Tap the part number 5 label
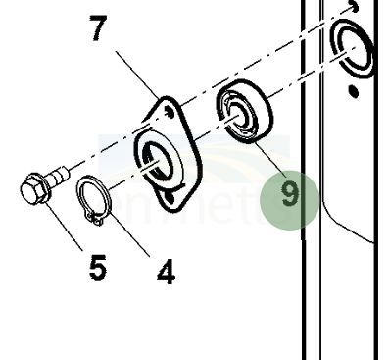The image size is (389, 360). click(97, 266)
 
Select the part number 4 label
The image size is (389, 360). click(166, 272)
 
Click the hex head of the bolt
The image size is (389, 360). click(34, 187)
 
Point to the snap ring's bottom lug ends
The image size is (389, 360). click(97, 219)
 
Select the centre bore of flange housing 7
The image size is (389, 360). click(156, 159)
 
